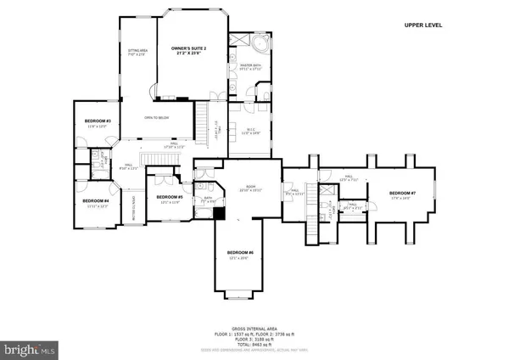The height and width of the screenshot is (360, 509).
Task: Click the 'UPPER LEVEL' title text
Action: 423,25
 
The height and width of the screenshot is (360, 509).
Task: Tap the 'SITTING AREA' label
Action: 137,53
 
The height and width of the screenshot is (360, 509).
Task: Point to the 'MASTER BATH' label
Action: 249,65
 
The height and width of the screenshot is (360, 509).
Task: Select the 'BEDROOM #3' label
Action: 99,121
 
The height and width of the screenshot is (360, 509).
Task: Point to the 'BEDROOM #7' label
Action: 400,194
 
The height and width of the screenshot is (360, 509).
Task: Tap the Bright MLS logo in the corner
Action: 31,349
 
